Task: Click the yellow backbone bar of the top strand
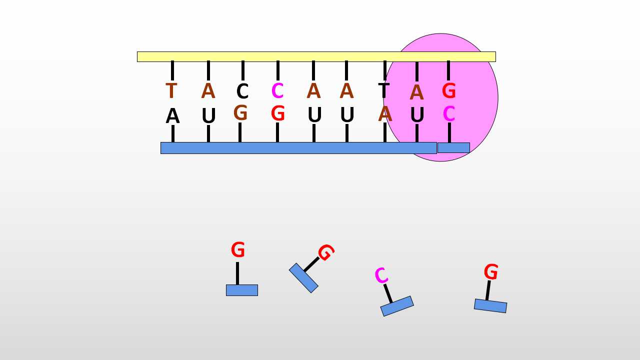(316, 56)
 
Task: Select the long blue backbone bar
(298, 148)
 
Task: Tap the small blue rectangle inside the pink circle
(453, 147)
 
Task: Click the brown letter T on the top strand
(171, 90)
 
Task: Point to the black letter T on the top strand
(383, 90)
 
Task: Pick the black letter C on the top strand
(242, 91)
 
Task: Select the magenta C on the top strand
(277, 90)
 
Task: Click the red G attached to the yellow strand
(448, 91)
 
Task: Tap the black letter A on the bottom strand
(172, 116)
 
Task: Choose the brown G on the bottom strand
(240, 112)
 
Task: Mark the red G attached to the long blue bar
(277, 113)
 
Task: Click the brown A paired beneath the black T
(385, 113)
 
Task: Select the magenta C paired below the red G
(448, 113)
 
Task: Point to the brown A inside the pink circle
(416, 92)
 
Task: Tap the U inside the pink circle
(417, 115)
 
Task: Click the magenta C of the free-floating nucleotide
(381, 275)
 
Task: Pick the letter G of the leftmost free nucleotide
(237, 249)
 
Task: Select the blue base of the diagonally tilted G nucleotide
(303, 278)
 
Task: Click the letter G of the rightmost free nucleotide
(491, 271)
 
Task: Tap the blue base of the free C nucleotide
(397, 306)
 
